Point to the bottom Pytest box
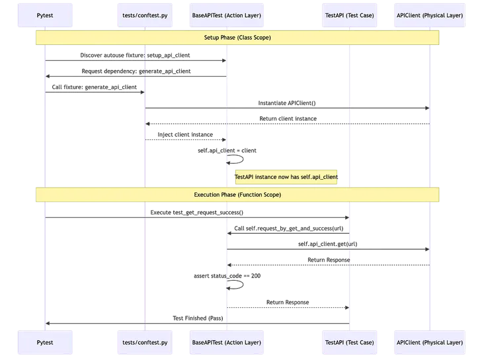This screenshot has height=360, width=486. [46, 343]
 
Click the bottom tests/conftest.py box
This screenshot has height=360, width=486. [145, 343]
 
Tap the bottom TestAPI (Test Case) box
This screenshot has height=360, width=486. [349, 343]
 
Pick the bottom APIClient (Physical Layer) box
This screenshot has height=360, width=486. [430, 343]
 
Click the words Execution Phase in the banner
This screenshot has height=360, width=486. [217, 195]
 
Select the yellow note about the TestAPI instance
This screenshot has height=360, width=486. [286, 178]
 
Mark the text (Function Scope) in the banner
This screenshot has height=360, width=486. [259, 195]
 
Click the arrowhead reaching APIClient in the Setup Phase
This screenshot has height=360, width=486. [426, 108]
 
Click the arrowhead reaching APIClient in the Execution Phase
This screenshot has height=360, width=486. [426, 249]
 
